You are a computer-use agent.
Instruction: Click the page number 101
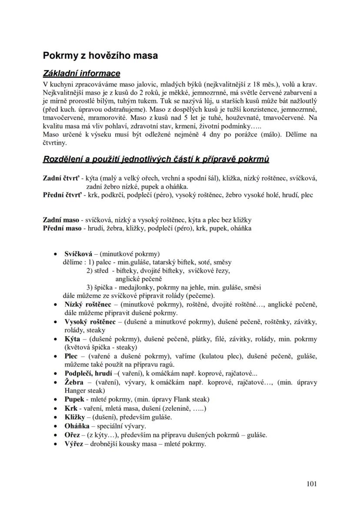coord(311,484)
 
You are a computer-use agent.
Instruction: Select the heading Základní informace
coord(81,73)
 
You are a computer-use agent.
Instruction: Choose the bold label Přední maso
coord(61,228)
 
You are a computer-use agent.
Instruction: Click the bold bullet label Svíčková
coord(78,253)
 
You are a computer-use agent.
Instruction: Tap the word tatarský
coord(165,262)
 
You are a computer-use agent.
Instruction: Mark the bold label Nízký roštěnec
coord(88,304)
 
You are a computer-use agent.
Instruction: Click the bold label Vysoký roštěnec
coord(90,322)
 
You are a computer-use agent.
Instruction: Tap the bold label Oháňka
coord(77,426)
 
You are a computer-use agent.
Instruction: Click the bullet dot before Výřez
coord(55,444)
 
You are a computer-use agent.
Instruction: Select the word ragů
coord(166,364)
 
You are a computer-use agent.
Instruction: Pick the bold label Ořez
coord(73,435)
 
